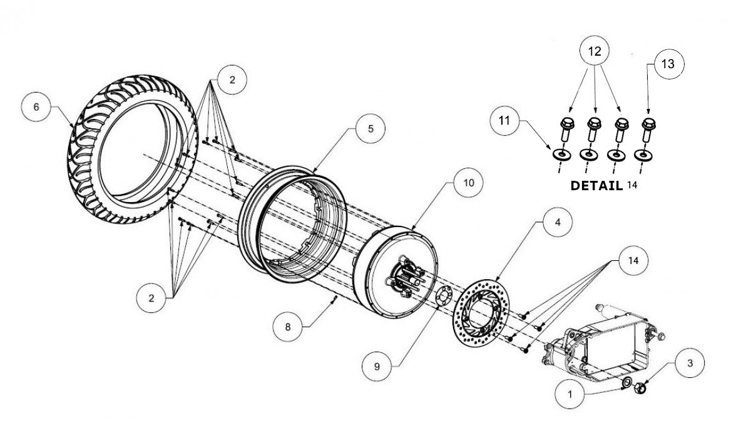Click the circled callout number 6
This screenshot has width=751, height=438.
[36, 107]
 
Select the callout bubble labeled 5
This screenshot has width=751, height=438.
[370, 128]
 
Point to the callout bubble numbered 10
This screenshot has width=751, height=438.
[469, 182]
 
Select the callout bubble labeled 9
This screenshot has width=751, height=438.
[377, 367]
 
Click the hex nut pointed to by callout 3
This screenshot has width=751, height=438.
[639, 388]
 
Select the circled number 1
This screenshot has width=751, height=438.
[570, 395]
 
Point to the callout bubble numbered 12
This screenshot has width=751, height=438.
[594, 53]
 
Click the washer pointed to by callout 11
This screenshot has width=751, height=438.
[562, 154]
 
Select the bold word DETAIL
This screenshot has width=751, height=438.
[596, 186]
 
